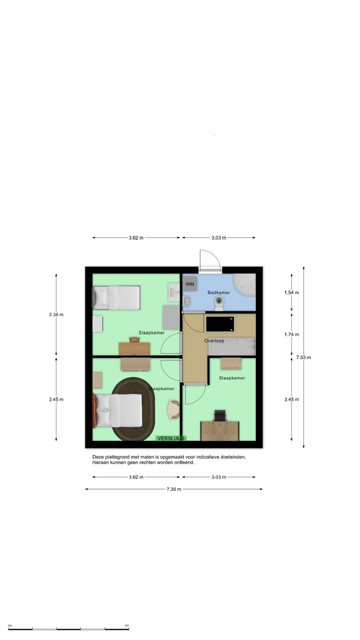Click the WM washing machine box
[190, 284]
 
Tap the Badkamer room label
[219, 292]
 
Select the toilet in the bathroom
[219, 303]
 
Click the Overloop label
[214, 341]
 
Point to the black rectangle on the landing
[220, 324]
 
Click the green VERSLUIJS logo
[171, 438]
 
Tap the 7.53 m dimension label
[304, 357]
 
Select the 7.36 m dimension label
[174, 489]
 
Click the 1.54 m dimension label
[292, 292]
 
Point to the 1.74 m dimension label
[292, 335]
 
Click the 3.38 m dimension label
[56, 315]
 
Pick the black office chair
[220, 416]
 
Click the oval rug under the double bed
[133, 409]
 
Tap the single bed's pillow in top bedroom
[101, 298]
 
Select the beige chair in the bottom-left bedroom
[173, 409]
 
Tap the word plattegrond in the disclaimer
[118, 457]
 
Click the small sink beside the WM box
[187, 301]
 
